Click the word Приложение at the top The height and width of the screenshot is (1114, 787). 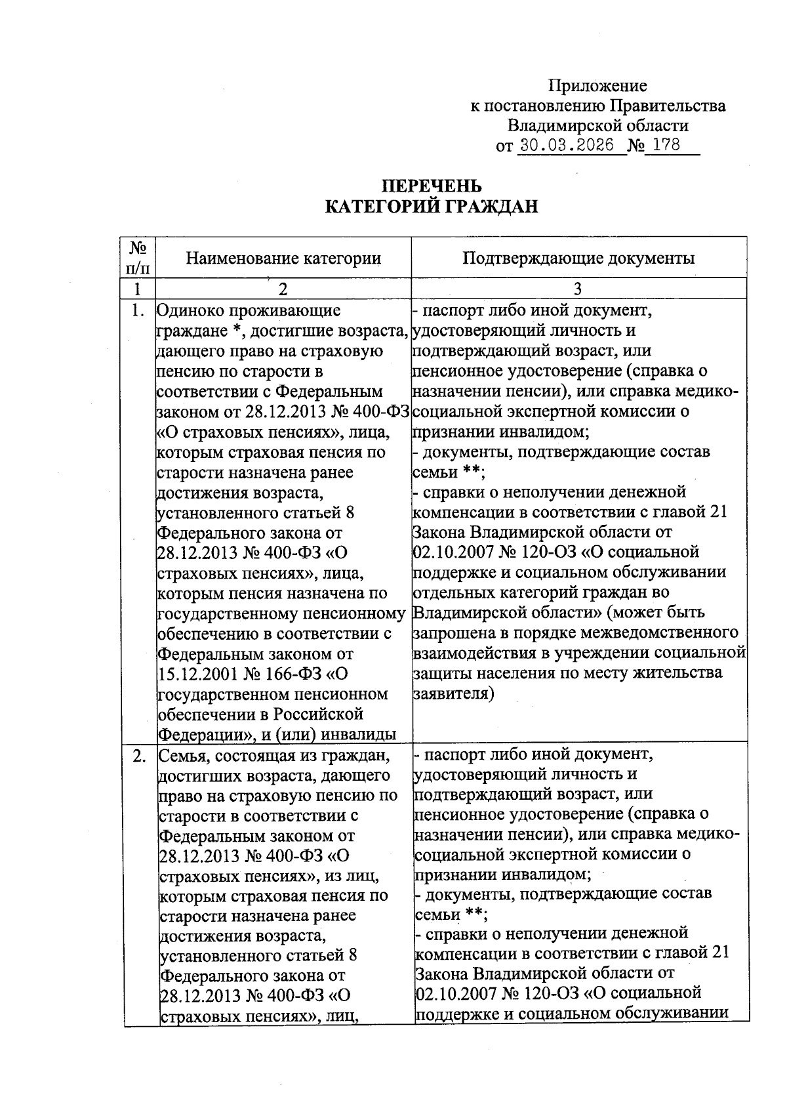point(597,86)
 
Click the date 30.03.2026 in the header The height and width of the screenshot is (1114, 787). point(567,145)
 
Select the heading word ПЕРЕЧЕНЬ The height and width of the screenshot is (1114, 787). point(432,186)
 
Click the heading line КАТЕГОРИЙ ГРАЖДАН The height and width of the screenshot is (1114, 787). point(432,207)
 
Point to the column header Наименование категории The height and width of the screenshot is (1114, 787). point(283,258)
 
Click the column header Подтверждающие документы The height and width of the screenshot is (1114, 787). point(578,258)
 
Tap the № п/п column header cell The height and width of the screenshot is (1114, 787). point(138,258)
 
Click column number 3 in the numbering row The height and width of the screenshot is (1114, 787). point(578,289)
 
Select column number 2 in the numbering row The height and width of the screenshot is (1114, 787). point(283,289)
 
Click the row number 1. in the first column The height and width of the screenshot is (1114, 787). point(138,310)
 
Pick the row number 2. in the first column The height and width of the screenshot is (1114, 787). point(139,756)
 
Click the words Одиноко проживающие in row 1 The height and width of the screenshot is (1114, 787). point(249,310)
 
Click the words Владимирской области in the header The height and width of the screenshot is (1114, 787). point(598,125)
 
